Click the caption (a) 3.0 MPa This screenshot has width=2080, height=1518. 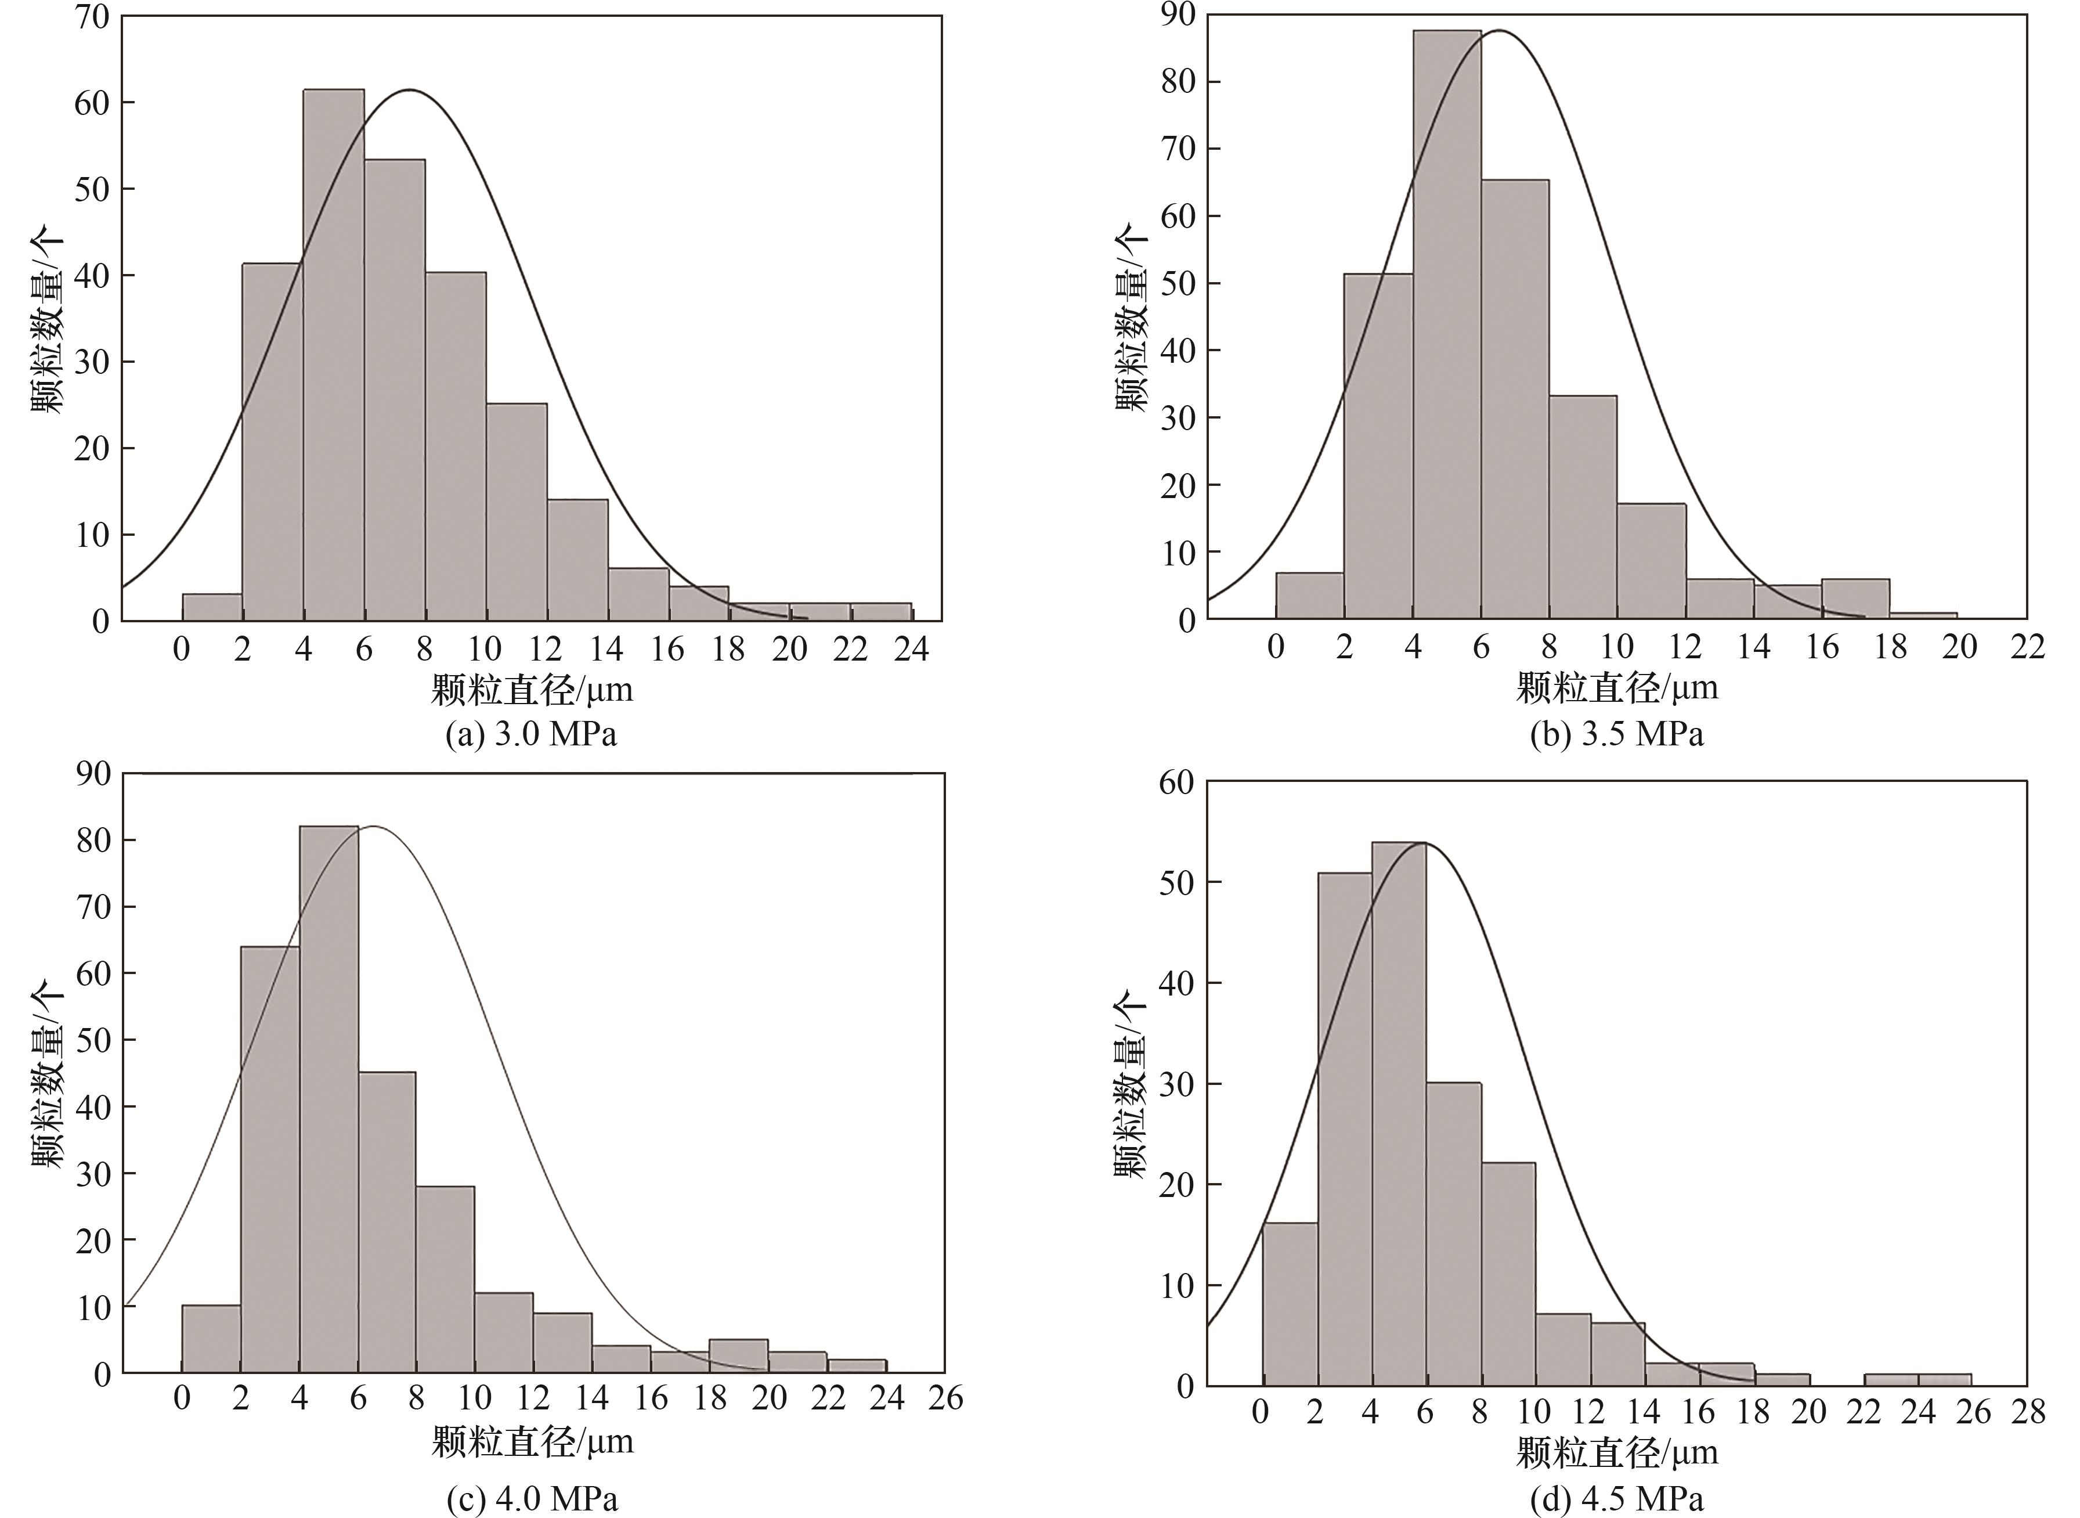pyautogui.click(x=531, y=735)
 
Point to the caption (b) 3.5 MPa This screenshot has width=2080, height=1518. pyautogui.click(x=1617, y=735)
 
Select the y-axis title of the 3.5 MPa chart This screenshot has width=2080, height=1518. pyautogui.click(x=1132, y=317)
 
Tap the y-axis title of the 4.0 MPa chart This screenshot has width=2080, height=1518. pyautogui.click(x=48, y=1075)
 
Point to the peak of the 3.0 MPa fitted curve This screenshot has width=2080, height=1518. pyautogui.click(x=410, y=90)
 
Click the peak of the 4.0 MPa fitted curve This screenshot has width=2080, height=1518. pyautogui.click(x=374, y=826)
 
